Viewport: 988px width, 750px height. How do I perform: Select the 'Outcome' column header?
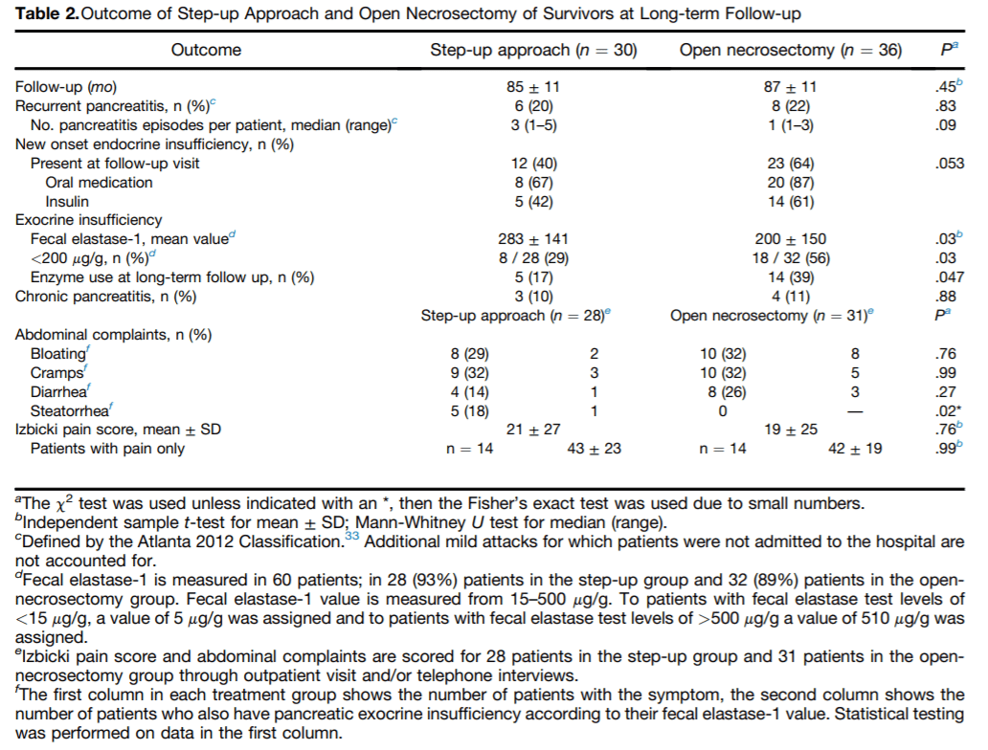206,50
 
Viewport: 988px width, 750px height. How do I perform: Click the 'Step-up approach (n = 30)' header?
534,50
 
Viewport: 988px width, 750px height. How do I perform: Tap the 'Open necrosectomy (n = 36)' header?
790,50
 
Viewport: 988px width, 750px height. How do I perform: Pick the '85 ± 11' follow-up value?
533,87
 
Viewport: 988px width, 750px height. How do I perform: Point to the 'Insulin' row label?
68,201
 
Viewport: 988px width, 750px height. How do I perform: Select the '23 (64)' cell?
790,164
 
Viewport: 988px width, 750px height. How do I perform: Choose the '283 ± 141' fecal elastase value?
533,239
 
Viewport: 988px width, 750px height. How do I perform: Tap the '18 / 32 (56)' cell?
790,258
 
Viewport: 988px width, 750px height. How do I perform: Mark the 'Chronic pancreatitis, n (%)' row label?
105,297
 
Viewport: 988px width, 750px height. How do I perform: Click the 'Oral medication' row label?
99,183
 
